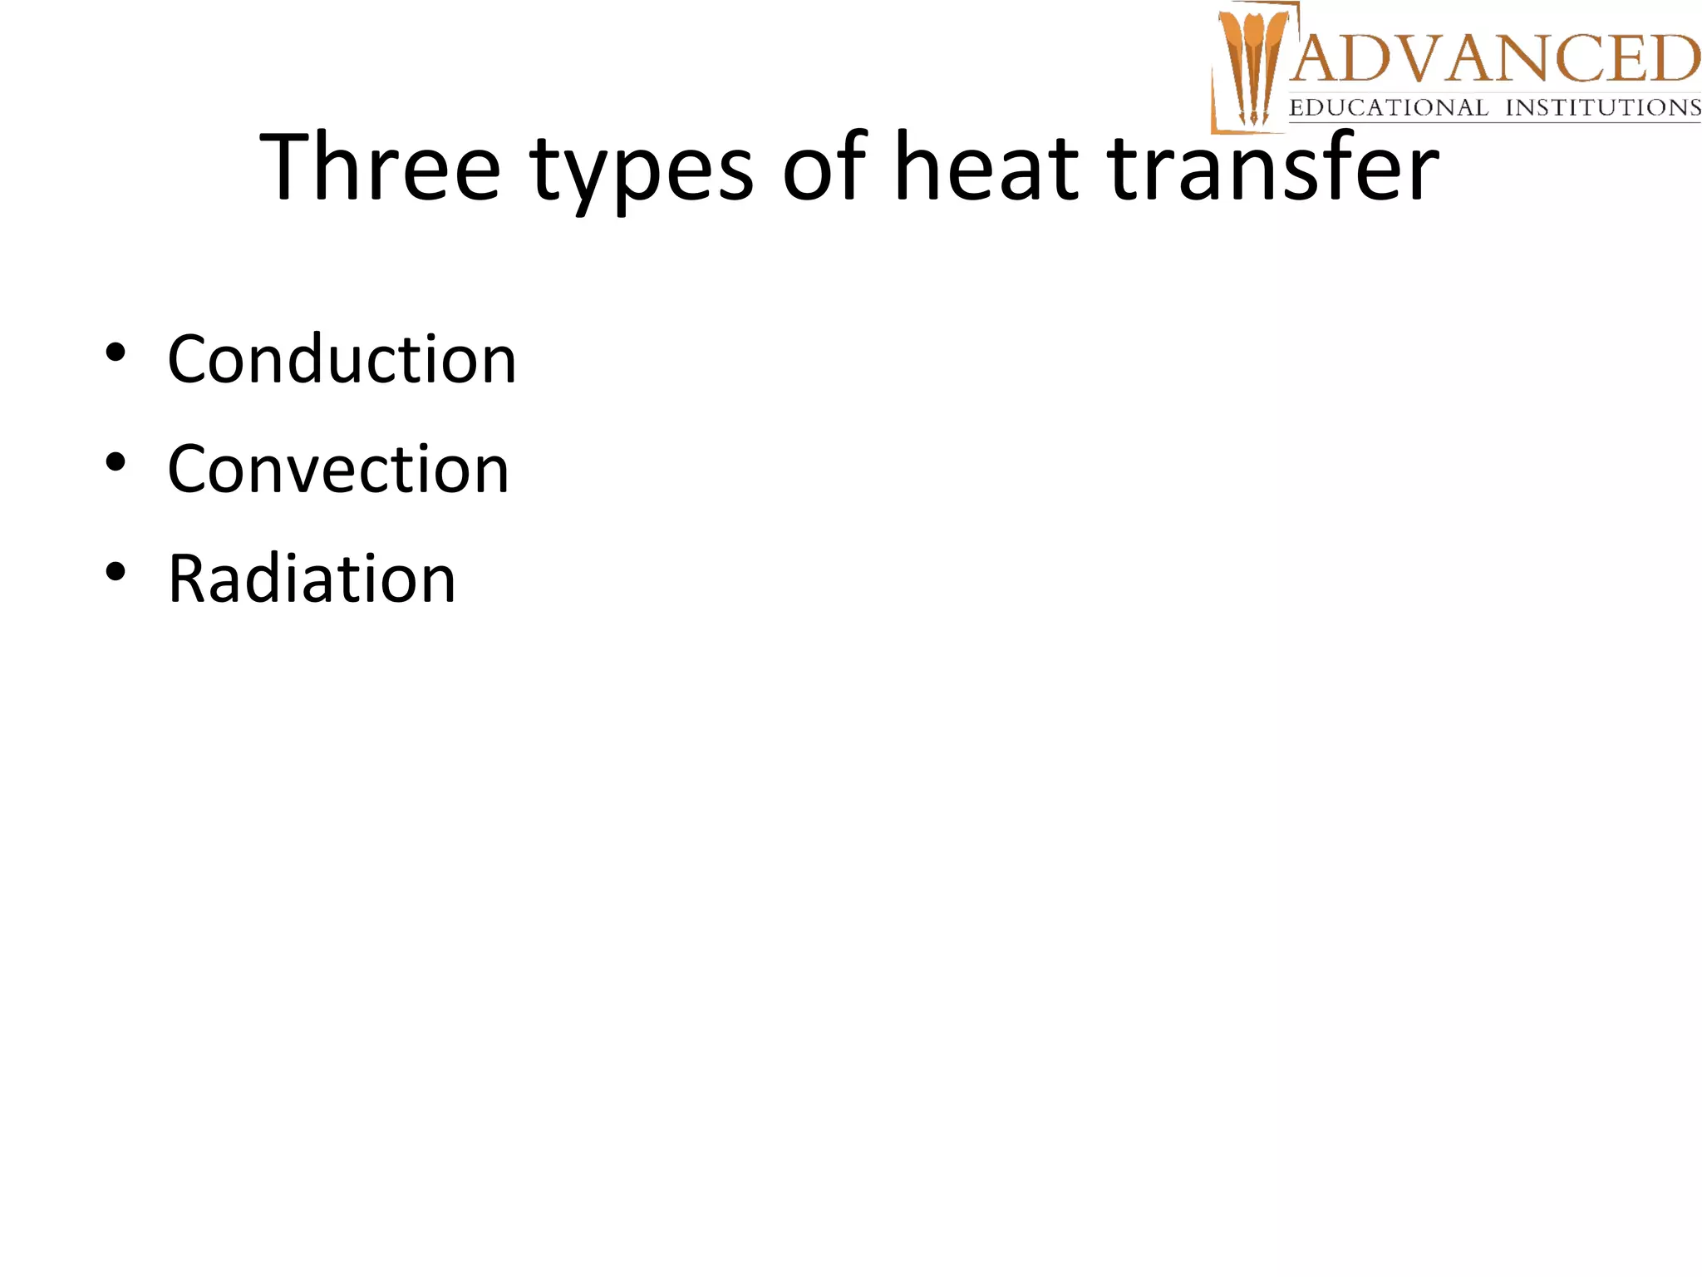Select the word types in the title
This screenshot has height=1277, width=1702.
641,170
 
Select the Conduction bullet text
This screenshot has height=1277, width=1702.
342,359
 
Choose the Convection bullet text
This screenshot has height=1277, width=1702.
337,469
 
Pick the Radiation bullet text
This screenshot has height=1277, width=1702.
312,579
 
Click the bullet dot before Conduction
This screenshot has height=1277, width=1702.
116,353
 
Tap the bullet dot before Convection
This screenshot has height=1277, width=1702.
116,462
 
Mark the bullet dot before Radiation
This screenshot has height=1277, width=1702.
116,572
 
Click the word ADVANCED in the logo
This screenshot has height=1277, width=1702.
1496,59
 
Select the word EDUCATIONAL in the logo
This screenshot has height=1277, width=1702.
1388,108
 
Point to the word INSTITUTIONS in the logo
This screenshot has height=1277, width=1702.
1603,108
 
